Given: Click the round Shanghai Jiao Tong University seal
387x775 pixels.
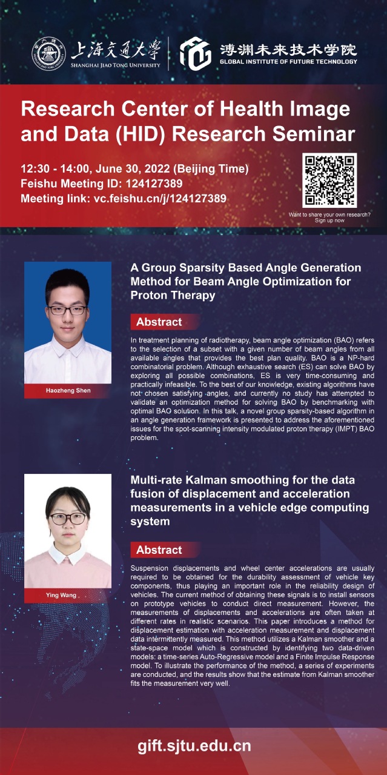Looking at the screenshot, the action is point(49,54).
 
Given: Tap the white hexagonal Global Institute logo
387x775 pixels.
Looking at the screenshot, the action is point(196,54).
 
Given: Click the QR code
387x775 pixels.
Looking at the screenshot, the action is point(329,180).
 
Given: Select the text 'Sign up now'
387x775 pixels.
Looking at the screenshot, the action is point(329,221).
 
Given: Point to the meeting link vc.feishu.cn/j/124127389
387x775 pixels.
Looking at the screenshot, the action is point(160,199).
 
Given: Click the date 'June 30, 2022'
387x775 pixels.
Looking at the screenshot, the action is point(133,169).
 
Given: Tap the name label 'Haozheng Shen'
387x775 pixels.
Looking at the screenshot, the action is point(68,391).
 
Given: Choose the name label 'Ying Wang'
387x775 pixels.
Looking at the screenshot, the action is point(61,595).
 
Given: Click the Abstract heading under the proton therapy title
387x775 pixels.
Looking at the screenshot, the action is point(159,322).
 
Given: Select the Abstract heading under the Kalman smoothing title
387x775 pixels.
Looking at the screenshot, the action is point(159,550).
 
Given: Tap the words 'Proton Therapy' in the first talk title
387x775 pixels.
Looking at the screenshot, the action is point(173,295).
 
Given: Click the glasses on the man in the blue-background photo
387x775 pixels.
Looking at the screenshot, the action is point(67,310).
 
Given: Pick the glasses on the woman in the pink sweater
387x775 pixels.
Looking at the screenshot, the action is point(68,519).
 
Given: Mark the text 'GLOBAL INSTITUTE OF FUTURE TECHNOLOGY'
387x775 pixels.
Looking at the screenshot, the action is point(288,62).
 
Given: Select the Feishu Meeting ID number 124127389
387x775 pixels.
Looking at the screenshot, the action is point(154,184).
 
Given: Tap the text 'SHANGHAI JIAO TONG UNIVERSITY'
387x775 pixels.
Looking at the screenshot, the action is point(116,65).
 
